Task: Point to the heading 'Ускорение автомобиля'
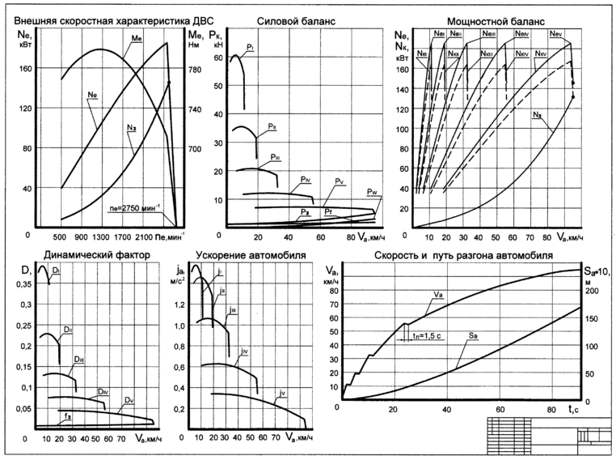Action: point(241,256)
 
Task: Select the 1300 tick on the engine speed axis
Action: point(100,236)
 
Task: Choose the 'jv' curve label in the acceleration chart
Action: point(281,394)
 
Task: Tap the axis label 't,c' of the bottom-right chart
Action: point(568,411)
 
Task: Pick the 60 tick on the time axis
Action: point(500,410)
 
